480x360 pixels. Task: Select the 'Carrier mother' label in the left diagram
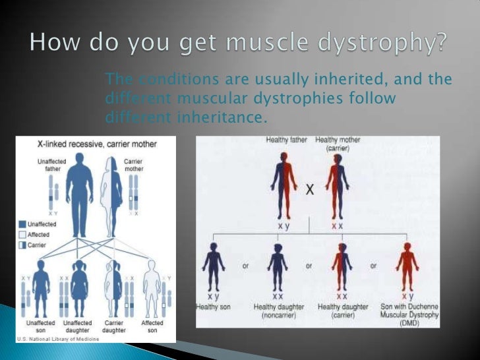coord(134,165)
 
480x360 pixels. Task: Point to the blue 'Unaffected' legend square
coord(22,224)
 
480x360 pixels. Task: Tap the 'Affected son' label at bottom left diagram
coord(152,327)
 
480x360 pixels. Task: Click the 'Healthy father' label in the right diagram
coord(287,140)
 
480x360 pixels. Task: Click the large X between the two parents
coord(309,190)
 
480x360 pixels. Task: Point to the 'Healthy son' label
coord(212,308)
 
